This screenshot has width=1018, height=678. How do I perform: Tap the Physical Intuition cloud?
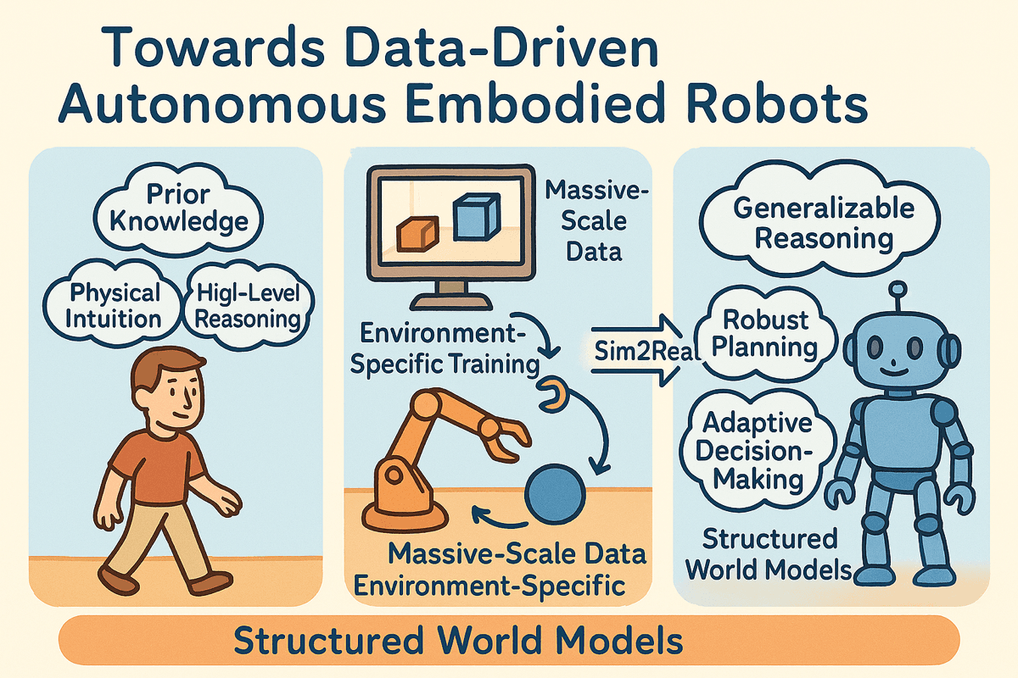[115, 306]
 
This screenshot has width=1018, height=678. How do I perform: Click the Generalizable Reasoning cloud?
[823, 223]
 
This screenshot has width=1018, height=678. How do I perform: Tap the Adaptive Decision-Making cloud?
[758, 450]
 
